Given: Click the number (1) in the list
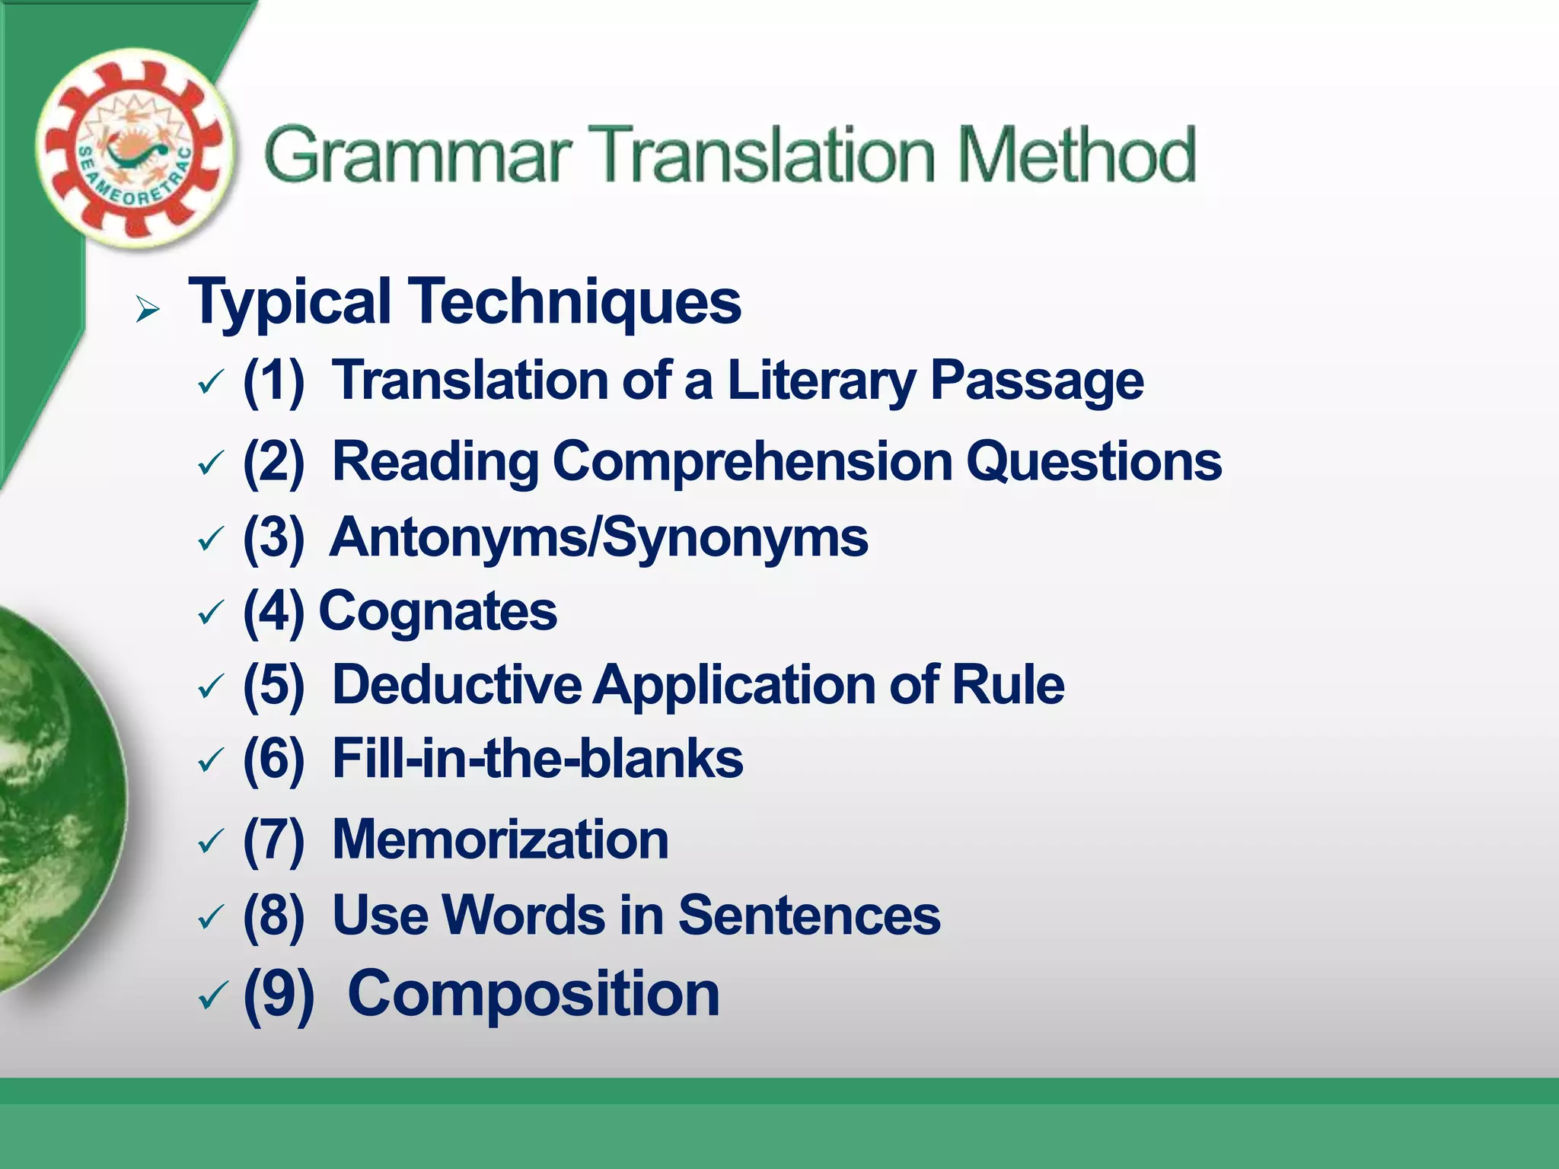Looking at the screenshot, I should click(273, 381).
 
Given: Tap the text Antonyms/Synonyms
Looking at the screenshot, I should click(598, 537).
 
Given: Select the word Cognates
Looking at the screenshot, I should click(438, 611).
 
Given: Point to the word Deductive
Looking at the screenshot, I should click(457, 684).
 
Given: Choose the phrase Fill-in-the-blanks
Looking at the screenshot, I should click(537, 759).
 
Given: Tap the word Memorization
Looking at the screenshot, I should click(500, 839).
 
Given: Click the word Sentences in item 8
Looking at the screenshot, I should click(809, 915).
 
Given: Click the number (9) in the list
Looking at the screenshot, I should click(279, 994).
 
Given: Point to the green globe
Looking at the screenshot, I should click(53, 799).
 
